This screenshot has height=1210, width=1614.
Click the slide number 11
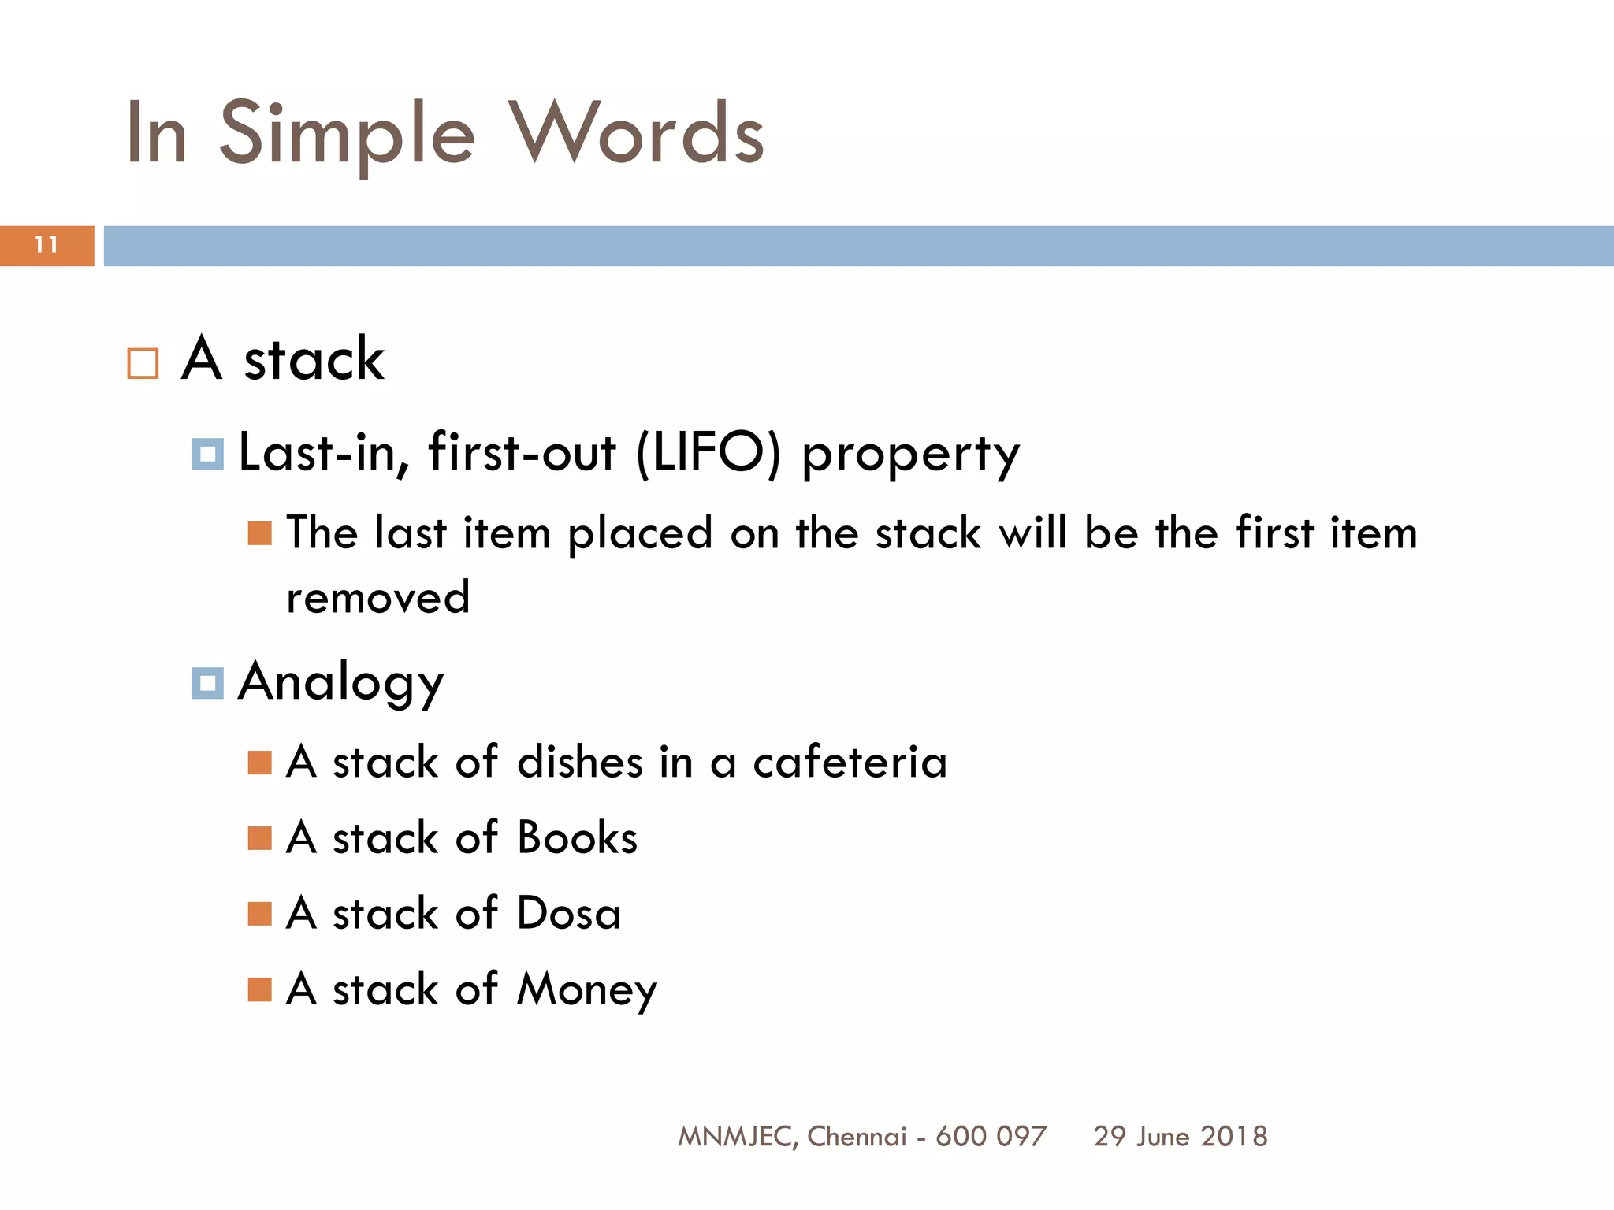(46, 245)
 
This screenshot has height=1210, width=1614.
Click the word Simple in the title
(347, 134)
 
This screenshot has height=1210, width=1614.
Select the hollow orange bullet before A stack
(143, 364)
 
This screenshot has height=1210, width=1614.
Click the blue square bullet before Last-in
(208, 455)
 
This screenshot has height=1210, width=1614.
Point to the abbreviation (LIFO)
(708, 453)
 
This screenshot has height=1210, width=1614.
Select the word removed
(378, 597)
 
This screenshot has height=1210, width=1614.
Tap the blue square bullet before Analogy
(208, 683)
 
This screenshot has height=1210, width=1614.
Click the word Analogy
(341, 683)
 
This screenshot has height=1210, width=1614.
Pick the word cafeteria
(850, 762)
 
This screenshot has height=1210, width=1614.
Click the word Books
(577, 837)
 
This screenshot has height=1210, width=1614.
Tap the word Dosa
(568, 914)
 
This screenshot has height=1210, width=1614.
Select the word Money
(586, 990)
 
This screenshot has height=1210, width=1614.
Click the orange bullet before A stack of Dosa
(259, 914)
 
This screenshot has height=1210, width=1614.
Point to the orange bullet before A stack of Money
(259, 989)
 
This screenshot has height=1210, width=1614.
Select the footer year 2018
(1234, 1136)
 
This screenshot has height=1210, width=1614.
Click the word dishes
(580, 762)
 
